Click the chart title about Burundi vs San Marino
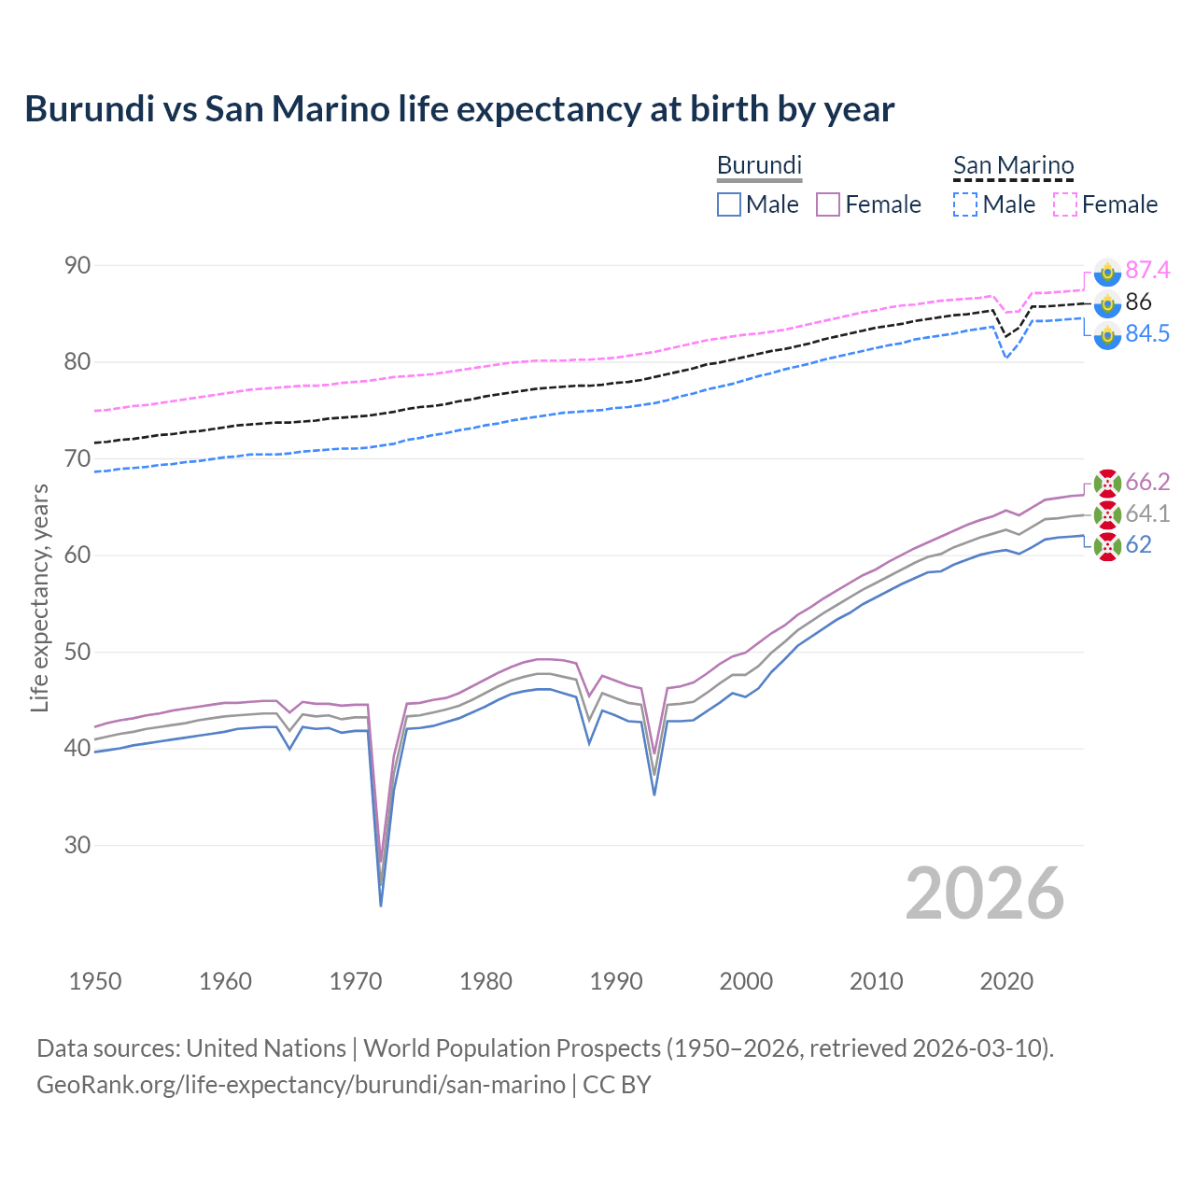[459, 109]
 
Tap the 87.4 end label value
[1147, 270]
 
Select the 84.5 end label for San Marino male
[1147, 333]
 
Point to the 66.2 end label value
[1147, 482]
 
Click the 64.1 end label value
[1147, 513]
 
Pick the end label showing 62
[1138, 544]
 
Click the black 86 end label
[1138, 302]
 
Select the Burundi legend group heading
[759, 165]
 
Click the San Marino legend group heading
[1013, 165]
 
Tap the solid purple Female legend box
[828, 204]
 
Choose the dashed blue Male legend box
[965, 204]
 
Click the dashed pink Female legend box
[1065, 204]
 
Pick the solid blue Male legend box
[729, 204]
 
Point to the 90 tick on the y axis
[77, 266]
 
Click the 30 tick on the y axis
[77, 845]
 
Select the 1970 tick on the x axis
[356, 981]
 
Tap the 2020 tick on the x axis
[1006, 981]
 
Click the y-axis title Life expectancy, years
[39, 597]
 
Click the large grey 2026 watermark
[984, 893]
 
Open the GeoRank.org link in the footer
[301, 1084]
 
